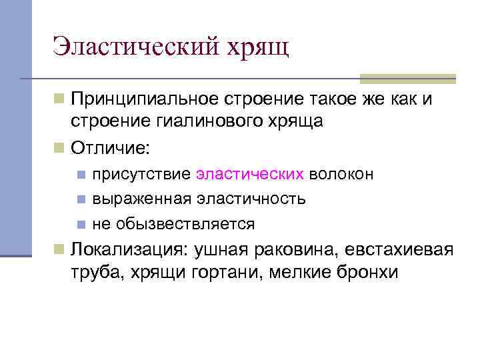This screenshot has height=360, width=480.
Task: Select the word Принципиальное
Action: coord(146,101)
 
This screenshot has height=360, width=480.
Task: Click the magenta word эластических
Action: coord(251,174)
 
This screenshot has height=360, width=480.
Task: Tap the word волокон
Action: coord(341,174)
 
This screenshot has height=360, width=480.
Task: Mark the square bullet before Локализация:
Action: coord(60,249)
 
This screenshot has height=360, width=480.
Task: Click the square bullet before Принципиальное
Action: coord(60,100)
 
